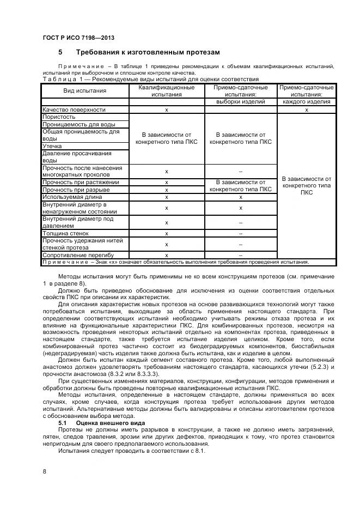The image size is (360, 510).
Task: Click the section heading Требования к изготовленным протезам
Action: [x=148, y=52]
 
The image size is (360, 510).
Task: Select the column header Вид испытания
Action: [x=85, y=90]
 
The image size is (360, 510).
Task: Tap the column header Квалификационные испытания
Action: [x=167, y=90]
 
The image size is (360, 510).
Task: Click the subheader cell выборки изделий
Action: [x=240, y=101]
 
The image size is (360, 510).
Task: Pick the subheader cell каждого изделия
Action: [x=306, y=101]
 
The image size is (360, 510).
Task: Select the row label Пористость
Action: [x=59, y=117]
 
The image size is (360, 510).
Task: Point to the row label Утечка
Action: [x=52, y=147]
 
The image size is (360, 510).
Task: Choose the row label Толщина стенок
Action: [x=66, y=233]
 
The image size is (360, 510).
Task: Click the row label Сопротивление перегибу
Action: [x=78, y=255]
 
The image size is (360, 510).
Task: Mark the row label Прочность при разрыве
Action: [x=76, y=190]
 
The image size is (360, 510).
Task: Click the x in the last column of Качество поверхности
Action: [x=307, y=110]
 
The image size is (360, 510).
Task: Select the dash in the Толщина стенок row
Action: [x=240, y=233]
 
